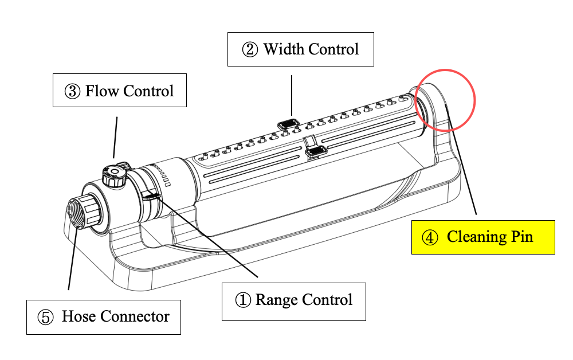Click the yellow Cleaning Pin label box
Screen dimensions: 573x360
point(483,237)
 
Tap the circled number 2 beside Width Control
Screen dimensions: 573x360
point(250,49)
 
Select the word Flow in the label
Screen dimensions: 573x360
point(102,91)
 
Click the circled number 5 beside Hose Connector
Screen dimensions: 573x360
point(46,317)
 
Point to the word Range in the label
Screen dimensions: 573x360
point(277,300)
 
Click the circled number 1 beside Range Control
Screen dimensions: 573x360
point(242,300)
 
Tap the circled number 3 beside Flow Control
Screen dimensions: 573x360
point(72,91)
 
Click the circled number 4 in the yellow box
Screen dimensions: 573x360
point(430,237)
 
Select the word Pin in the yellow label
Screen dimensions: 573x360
point(522,237)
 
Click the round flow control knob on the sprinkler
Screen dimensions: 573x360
point(115,175)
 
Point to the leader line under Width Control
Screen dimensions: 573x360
point(292,95)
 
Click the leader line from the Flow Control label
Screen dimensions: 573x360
point(116,138)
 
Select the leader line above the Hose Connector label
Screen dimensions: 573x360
point(73,259)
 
